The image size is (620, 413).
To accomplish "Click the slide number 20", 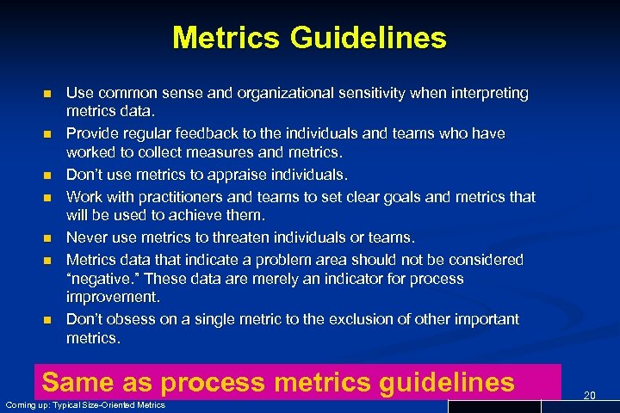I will coord(590,395).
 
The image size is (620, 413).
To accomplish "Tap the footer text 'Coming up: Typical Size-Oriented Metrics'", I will coord(85,405).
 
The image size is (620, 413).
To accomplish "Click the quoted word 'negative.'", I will coord(99,279).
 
